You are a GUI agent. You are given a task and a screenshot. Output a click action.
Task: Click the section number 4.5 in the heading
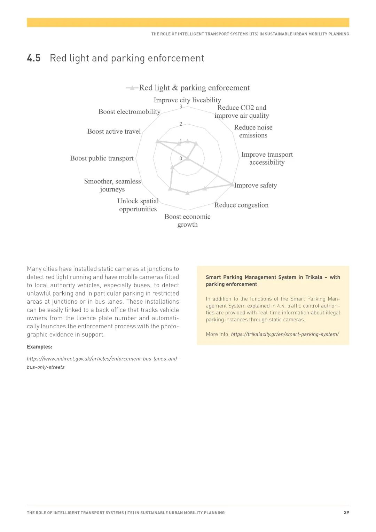pos(34,58)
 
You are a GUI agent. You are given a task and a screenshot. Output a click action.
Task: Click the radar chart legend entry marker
pos(132,88)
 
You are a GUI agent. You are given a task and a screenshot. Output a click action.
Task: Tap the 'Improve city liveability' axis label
pos(187,100)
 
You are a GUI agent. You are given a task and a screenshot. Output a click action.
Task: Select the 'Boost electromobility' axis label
pos(129,112)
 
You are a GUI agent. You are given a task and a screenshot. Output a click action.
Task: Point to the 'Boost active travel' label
pos(114,132)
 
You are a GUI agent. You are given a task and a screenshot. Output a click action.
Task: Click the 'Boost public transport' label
pos(102,158)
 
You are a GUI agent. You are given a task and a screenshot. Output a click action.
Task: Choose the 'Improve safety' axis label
pos(256,186)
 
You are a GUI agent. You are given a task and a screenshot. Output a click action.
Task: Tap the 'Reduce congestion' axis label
pos(241,205)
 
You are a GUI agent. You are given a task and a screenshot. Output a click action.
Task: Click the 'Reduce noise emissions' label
pos(253,132)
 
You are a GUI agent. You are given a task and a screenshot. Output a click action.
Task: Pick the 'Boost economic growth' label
pos(187,221)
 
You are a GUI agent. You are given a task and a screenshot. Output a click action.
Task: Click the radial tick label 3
pos(181,107)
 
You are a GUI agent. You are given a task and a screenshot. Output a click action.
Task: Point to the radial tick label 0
pos(181,159)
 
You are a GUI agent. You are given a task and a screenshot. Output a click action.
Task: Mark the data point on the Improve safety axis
pos(232,185)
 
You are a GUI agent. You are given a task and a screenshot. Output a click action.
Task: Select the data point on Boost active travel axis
pos(158,141)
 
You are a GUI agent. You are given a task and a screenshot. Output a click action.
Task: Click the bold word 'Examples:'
pos(40,347)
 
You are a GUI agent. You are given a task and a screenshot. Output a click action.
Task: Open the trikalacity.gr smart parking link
pos(285,334)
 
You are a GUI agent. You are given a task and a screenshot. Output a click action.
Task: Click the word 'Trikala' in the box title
pos(314,277)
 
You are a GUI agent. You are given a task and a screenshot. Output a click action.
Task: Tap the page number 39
pos(346,513)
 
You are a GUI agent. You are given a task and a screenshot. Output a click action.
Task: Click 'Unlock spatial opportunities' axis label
pos(138,205)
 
